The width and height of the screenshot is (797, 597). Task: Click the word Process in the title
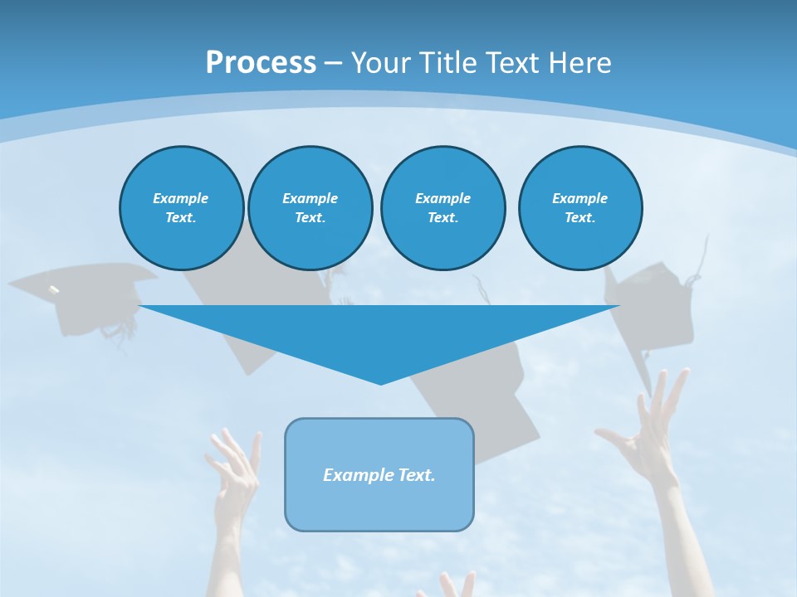(x=261, y=63)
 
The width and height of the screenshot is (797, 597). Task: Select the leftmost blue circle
(x=182, y=208)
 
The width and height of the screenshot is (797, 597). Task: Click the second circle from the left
(x=310, y=208)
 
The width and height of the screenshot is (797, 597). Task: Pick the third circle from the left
(x=443, y=208)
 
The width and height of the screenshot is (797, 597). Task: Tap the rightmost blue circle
(x=580, y=208)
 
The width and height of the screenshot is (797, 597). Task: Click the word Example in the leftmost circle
(x=181, y=198)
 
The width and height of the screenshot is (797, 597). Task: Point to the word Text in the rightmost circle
(x=579, y=218)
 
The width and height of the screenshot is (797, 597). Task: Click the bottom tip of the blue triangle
(x=380, y=383)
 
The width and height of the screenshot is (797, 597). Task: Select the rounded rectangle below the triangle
(x=379, y=474)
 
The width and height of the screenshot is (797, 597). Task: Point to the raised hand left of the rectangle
(x=235, y=473)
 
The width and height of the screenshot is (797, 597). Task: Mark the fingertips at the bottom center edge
(x=452, y=585)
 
